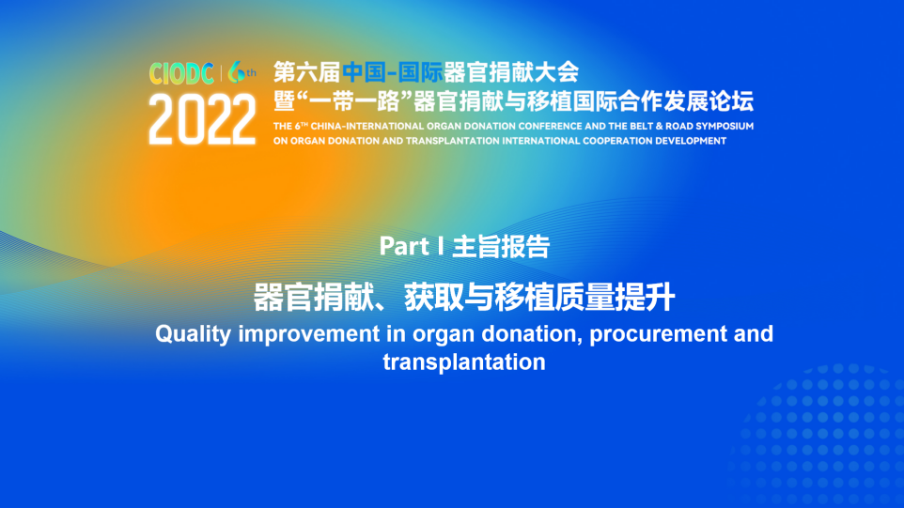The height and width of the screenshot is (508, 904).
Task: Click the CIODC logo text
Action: tap(181, 73)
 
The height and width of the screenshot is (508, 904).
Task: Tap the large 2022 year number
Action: tap(202, 120)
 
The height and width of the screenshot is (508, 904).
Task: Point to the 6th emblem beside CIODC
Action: tap(242, 72)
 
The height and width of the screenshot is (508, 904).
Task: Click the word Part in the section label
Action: tap(404, 247)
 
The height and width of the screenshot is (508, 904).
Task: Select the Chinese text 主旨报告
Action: tap(501, 247)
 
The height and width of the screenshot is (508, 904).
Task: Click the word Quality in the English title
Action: tap(194, 334)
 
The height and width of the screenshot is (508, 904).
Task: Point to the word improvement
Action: tap(309, 334)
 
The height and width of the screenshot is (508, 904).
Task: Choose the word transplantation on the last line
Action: tap(464, 362)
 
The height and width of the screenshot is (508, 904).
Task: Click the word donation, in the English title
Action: tap(532, 334)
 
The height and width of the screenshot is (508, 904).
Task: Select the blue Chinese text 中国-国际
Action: tap(393, 72)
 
